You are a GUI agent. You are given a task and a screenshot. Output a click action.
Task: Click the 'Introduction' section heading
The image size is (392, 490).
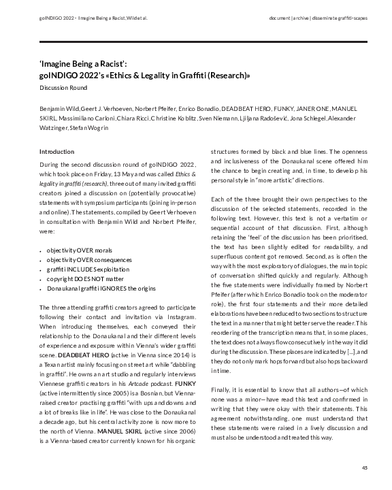(x=57, y=151)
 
